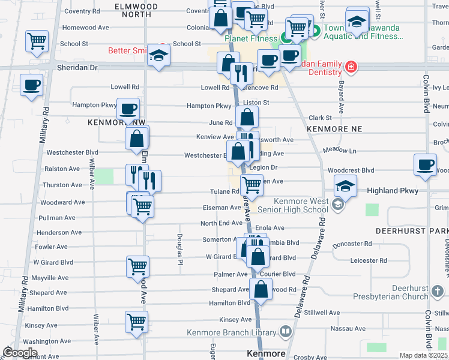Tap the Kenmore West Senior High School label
tap(301, 205)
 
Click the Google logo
tap(20, 352)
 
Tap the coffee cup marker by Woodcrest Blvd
tap(425, 166)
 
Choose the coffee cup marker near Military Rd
tap(31, 85)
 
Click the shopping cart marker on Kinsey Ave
tap(137, 322)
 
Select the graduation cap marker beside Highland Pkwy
tap(345, 186)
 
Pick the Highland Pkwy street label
tap(391, 190)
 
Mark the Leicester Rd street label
tap(369, 260)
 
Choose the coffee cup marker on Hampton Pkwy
tap(128, 109)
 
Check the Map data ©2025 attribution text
tap(423, 355)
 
